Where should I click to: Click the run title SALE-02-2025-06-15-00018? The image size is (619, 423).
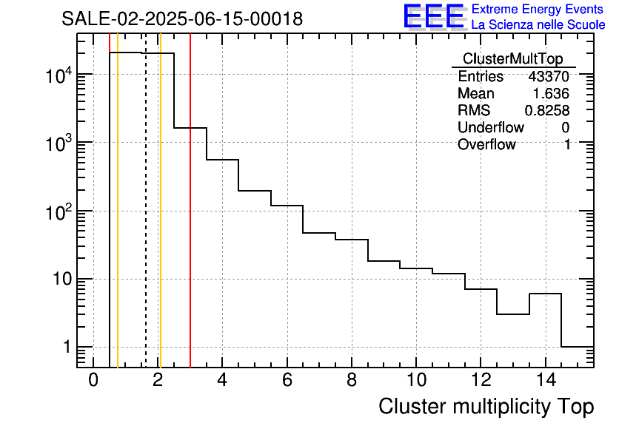pos(182,19)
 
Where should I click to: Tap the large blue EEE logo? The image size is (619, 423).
pos(433,16)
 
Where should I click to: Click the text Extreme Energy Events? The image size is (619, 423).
pos(538,10)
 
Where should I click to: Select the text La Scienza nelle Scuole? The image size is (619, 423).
pos(538,25)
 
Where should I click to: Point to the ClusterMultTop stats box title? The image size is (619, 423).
pos(512,59)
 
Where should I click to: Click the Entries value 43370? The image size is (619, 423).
pos(549,77)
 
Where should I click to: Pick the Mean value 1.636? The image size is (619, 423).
pos(552,94)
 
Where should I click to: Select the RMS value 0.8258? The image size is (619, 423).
pos(547,111)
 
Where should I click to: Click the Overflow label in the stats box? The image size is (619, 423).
pos(486,145)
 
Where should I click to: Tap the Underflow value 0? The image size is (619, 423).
pos(566,128)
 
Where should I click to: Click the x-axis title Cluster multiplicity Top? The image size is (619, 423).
pos(486,407)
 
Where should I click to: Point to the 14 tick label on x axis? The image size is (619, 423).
pos(544,381)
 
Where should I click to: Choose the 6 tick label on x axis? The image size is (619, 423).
pos(287,381)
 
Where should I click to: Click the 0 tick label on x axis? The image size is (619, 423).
pos(93,381)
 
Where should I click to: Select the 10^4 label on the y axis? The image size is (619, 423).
pos(57,75)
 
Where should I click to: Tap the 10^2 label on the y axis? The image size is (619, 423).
pos(57,211)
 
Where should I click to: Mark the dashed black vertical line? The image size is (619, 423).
pos(146,222)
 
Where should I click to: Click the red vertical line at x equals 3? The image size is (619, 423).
pos(190,222)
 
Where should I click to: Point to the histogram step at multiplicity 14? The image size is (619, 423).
pos(545,294)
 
